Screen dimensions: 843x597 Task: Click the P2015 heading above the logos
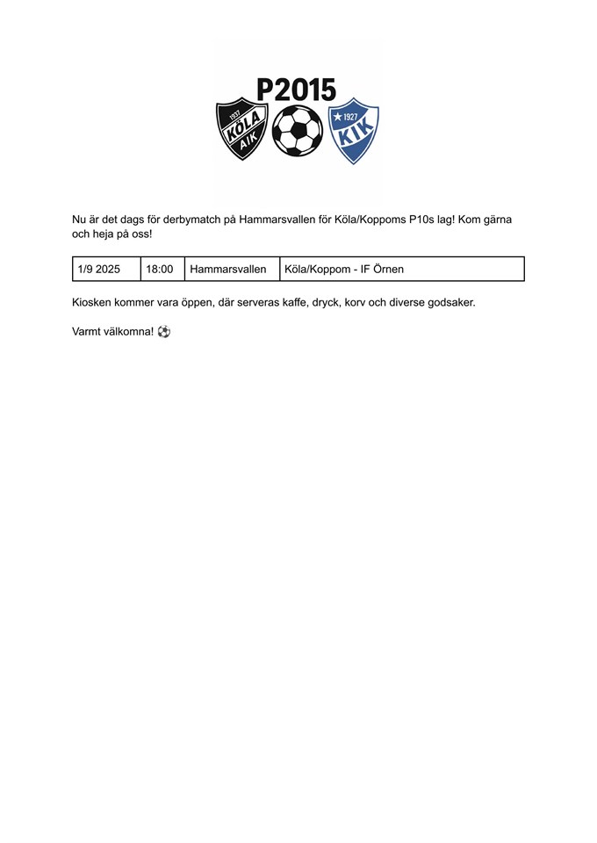pyautogui.click(x=296, y=90)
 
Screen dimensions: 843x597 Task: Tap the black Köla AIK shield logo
pyautogui.click(x=241, y=128)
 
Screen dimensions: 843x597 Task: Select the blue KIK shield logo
pyautogui.click(x=353, y=130)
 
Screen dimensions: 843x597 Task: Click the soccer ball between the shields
pyautogui.click(x=297, y=131)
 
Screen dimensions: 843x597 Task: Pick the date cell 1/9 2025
pyautogui.click(x=99, y=269)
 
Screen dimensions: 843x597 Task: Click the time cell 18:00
pyautogui.click(x=160, y=269)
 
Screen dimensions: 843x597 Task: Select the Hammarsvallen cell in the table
pyautogui.click(x=228, y=269)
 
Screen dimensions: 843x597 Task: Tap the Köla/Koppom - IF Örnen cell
pyautogui.click(x=344, y=269)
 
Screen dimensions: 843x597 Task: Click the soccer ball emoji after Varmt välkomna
pyautogui.click(x=164, y=332)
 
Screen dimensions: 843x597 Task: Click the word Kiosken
pyautogui.click(x=91, y=302)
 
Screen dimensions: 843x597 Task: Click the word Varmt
pyautogui.click(x=88, y=332)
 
